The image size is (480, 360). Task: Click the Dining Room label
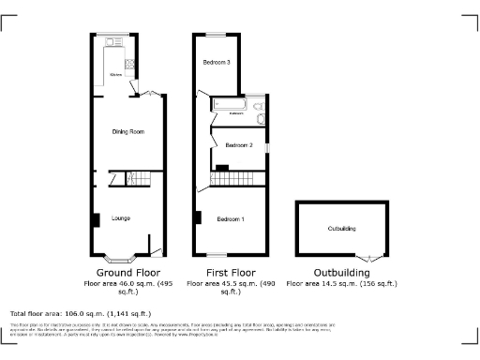point(127,132)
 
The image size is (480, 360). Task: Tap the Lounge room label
point(121,218)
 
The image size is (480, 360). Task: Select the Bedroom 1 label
point(231,219)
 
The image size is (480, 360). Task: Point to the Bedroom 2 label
point(239,145)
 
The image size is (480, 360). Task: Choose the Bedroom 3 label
point(217,63)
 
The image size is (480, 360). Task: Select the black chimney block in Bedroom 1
point(198,217)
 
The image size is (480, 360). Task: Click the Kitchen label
point(115,73)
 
